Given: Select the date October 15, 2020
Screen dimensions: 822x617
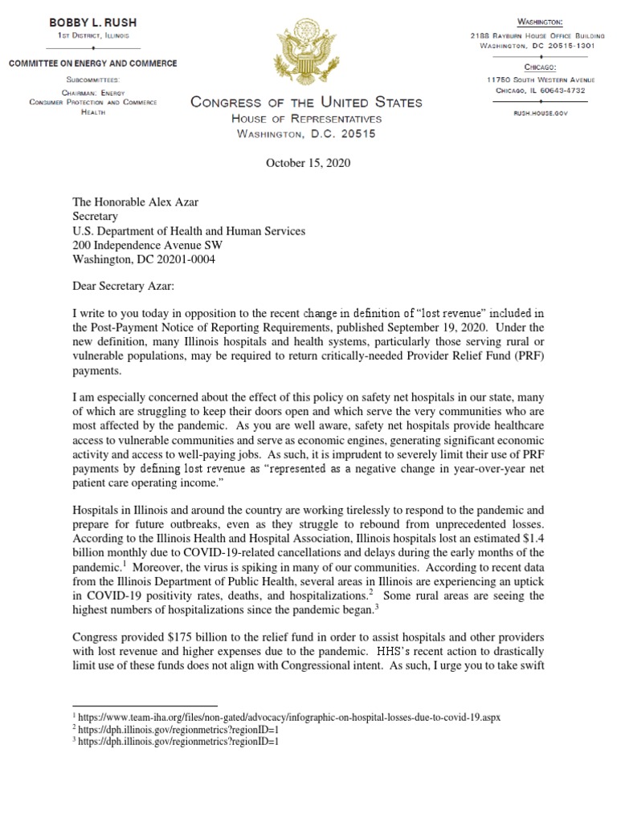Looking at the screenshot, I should tap(308, 164).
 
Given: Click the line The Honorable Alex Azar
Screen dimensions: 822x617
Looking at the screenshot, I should tap(134, 202).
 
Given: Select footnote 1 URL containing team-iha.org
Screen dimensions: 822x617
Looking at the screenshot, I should tap(286, 717).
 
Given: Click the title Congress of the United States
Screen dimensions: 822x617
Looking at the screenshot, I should tap(305, 102).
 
